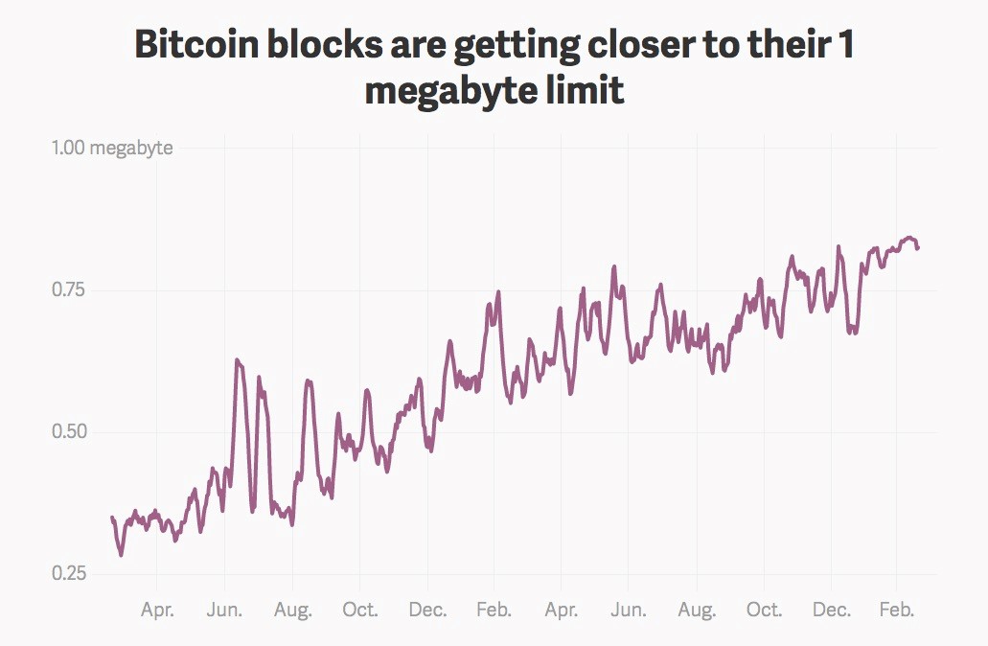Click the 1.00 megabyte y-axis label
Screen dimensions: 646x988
[112, 148]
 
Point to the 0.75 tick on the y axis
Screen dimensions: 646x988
[69, 289]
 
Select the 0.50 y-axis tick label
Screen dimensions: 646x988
[69, 431]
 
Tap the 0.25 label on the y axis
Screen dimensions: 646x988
[69, 573]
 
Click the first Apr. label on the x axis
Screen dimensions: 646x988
[157, 610]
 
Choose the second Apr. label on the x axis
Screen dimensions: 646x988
[562, 610]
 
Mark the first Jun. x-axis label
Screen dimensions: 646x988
[224, 610]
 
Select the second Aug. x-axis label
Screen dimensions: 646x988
[697, 610]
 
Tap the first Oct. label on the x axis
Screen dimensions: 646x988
[359, 610]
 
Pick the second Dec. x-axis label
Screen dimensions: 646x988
[831, 610]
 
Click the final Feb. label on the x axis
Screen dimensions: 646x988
[898, 610]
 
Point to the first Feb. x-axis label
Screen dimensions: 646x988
[494, 610]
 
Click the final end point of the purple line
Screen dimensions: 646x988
[917, 248]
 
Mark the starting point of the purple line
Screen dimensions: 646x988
[112, 518]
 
